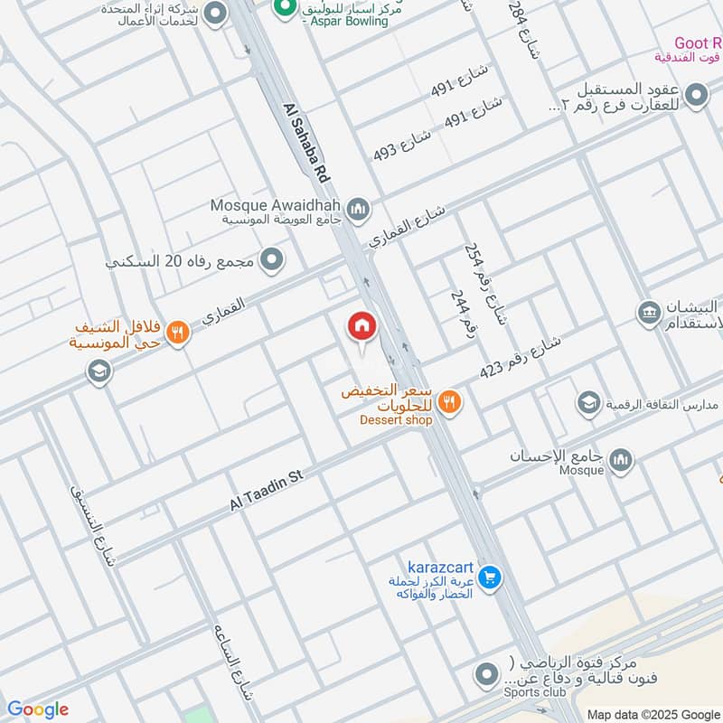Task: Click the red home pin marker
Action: coord(361,327)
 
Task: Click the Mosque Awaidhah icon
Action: coord(359,210)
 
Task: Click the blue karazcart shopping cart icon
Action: coord(489,576)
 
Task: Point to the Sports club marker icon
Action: coord(486,674)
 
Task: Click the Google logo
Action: coord(38,709)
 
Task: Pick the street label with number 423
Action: coord(521,357)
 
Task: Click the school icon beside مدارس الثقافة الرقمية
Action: coord(588,401)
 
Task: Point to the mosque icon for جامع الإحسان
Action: coord(620,461)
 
